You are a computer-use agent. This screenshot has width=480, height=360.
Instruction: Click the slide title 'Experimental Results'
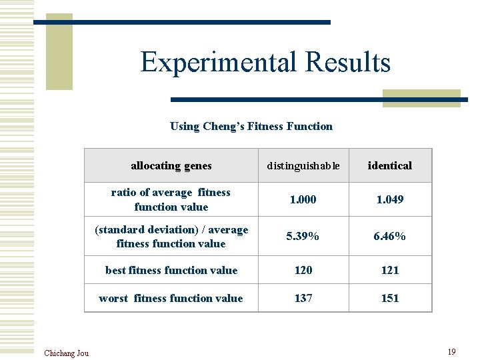pos(265,63)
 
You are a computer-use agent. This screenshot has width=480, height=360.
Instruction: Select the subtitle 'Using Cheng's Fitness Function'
pos(251,126)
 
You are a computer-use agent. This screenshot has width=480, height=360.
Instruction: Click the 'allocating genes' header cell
pos(171,165)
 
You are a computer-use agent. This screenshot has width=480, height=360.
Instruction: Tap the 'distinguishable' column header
pos(303,165)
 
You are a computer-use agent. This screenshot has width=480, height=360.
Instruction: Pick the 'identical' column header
pos(390,165)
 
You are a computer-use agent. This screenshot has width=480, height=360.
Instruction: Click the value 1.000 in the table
pos(303,199)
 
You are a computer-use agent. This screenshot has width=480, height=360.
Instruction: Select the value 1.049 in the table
pos(390,199)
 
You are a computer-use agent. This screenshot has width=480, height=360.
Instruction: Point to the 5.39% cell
pos(303,236)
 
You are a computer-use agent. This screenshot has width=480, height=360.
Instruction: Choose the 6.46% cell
pos(390,236)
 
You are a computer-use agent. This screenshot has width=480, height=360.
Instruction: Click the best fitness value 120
pos(303,270)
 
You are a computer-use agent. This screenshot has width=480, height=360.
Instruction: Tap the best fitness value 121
pos(390,270)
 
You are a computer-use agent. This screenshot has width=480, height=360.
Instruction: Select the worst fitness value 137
pos(303,298)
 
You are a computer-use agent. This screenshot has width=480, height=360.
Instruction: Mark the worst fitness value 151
pos(390,298)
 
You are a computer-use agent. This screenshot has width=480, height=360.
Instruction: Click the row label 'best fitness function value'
pos(171,270)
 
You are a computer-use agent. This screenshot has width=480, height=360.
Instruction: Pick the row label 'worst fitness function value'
pos(171,298)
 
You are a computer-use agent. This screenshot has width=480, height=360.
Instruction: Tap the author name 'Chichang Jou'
pos(66,353)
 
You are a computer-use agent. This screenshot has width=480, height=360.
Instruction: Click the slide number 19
pos(451,351)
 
